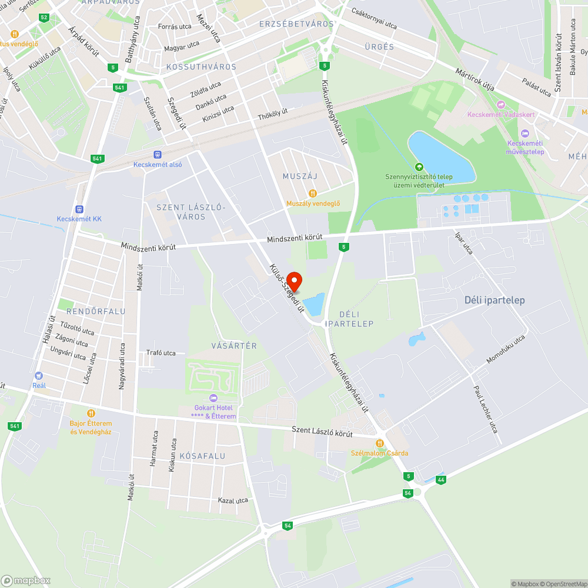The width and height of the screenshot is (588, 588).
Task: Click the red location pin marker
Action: point(294,281)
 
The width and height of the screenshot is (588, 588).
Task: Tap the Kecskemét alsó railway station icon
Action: point(157,155)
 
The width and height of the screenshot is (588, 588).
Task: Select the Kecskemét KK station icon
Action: point(79,209)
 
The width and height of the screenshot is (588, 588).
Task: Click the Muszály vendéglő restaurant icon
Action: point(313,193)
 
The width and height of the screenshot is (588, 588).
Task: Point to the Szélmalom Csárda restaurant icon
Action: point(380,443)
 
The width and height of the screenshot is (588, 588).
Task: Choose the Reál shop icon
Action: point(39,375)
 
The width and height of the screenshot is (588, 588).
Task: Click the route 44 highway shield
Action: point(441,480)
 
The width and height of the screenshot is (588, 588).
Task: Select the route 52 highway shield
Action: point(44,17)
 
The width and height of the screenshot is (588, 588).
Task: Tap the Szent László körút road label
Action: point(322,432)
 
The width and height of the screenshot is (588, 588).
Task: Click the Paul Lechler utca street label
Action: point(486,409)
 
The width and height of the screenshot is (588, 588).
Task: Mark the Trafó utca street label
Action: point(161,353)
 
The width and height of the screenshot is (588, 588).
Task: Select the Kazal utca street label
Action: point(233,500)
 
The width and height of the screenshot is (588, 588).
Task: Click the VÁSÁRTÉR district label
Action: point(234,346)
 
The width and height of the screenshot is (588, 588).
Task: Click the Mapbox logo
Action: point(26,580)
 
